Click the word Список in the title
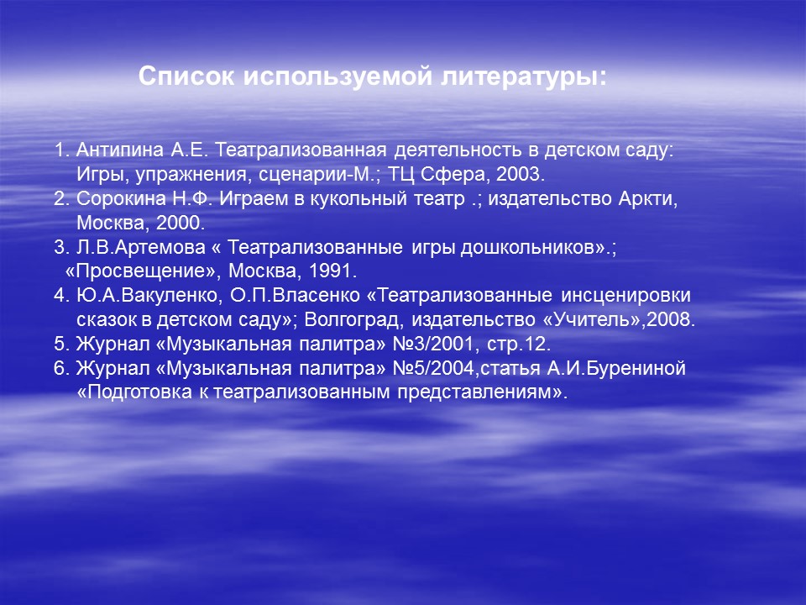pos(186,76)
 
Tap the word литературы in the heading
pos(524,77)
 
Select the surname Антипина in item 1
pos(120,150)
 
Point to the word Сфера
pos(453,175)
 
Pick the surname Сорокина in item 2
pos(121,198)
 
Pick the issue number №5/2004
pos(433,368)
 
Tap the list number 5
pos(59,345)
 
